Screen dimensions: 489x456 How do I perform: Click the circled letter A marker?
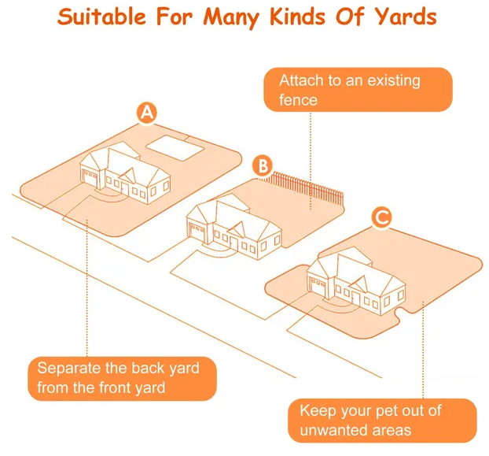coord(147,113)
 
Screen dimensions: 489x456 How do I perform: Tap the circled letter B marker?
coord(263,166)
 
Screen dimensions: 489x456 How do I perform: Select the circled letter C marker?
coord(381,217)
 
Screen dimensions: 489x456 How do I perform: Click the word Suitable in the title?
coord(101,17)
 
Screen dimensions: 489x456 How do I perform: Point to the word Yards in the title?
coord(406,17)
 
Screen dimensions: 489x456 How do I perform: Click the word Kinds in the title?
coord(298,17)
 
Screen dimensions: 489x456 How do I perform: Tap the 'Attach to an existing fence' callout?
coord(358,90)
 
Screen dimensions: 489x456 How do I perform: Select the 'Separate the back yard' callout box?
coord(123,378)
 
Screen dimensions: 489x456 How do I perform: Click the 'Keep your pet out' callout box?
coord(382,421)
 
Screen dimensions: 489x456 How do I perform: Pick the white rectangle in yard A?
coord(175,148)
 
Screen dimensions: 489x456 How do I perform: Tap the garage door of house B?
coord(197,233)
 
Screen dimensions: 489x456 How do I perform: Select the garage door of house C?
coord(318,287)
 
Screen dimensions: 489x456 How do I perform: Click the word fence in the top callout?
coord(298,100)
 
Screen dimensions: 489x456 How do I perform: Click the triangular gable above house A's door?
coord(128,176)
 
